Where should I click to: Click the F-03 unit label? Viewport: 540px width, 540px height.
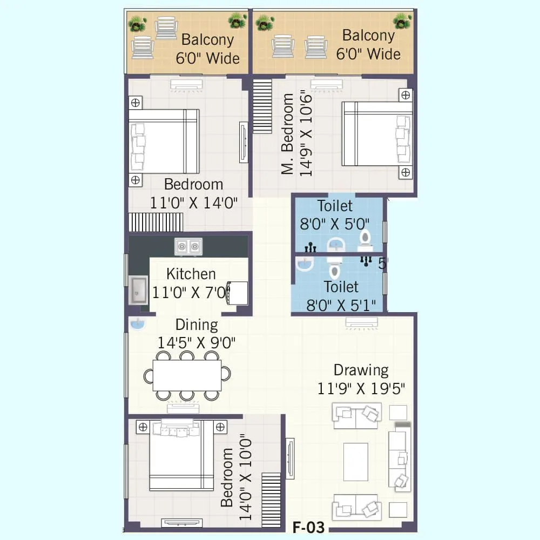coord(309,526)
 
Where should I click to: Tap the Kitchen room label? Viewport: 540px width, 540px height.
coord(191,274)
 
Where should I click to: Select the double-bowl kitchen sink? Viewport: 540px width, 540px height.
coord(188,247)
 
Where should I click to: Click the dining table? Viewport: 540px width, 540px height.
coord(187,375)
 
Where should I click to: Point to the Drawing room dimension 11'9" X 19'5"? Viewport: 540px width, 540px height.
coord(361,388)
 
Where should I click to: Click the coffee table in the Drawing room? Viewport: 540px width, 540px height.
coord(356,461)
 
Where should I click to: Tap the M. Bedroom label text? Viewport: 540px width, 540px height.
coord(289,134)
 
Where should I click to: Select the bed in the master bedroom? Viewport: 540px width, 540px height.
coord(376,134)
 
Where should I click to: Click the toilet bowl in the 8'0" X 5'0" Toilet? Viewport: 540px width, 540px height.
coord(366,238)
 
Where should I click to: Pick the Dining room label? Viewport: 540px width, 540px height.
coord(197,325)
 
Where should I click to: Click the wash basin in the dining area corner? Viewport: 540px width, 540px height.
coord(138,324)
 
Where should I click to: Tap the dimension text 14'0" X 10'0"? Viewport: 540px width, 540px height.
coord(246,477)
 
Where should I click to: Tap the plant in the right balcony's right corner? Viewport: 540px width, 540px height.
coord(402,22)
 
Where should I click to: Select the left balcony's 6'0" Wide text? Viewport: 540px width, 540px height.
coord(208,58)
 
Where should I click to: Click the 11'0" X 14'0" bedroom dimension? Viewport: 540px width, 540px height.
coord(194,203)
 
